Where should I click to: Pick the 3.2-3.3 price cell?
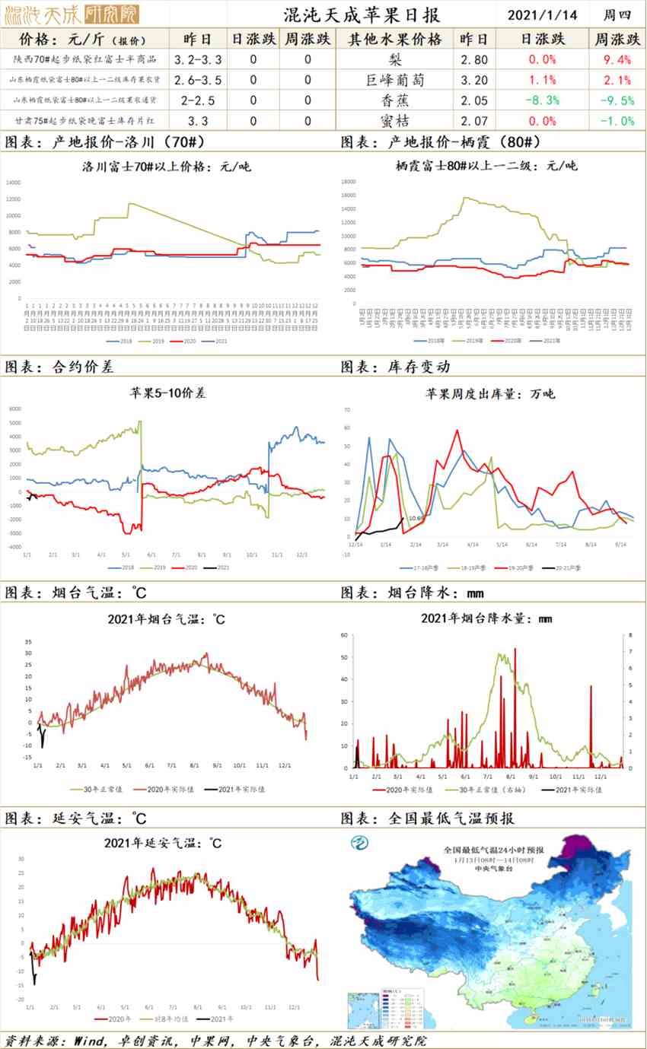tap(198, 59)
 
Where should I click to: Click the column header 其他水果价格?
tap(394, 39)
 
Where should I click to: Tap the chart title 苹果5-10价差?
tap(167, 393)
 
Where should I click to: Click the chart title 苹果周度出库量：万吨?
tap(489, 393)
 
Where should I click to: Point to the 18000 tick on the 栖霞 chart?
tap(349, 182)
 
